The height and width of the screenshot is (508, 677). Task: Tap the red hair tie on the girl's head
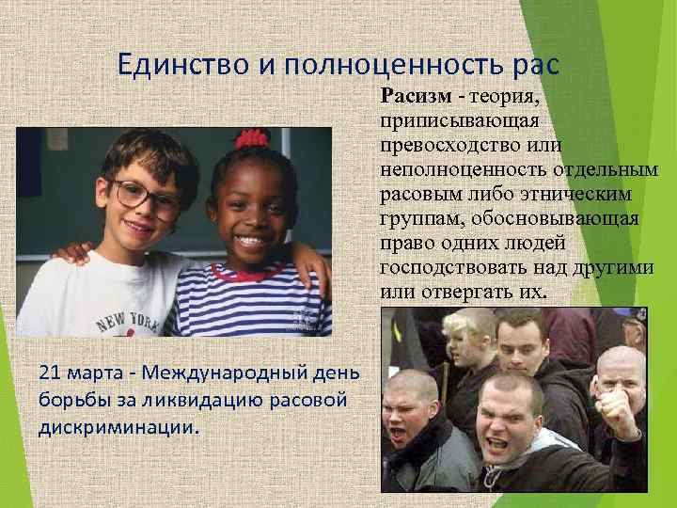click(251, 139)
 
